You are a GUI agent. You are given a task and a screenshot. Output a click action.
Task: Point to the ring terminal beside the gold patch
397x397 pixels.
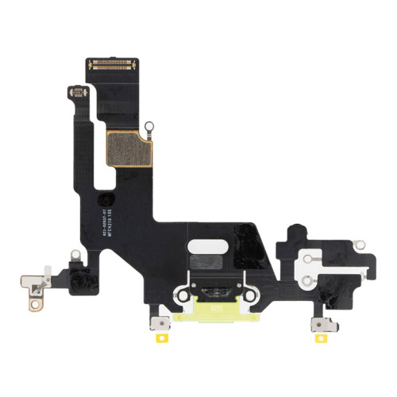(148, 125)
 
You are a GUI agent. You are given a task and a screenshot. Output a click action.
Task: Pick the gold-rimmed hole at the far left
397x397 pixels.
(33, 299)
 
